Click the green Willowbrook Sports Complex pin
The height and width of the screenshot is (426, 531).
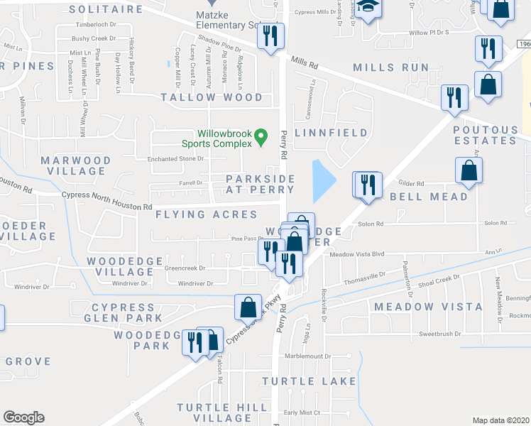pos(261,134)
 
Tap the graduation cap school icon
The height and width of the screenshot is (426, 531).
pos(368,9)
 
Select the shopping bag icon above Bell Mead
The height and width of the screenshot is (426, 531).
pos(469,170)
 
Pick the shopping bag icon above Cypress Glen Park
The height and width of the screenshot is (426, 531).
pos(248,307)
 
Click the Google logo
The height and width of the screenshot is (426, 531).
pos(23,417)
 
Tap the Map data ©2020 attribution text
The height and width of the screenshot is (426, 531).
pos(500,420)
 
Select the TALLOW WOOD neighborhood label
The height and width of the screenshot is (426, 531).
pos(212,97)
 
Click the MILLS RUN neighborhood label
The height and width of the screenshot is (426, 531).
pos(391,67)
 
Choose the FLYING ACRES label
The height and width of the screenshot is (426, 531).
pos(197,214)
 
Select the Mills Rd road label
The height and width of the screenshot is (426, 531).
pos(304,62)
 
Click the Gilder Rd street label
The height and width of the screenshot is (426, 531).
pos(411,182)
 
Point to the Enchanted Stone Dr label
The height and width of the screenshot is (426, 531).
pos(175,159)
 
